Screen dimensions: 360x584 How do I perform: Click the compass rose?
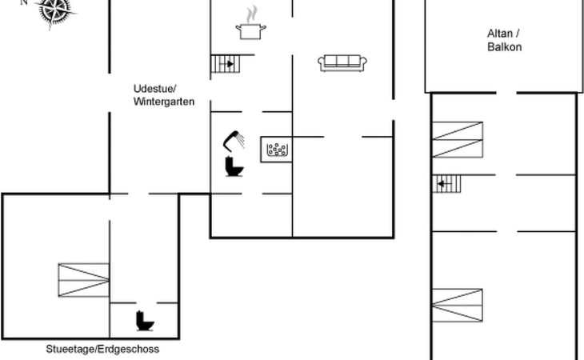[x=54, y=10]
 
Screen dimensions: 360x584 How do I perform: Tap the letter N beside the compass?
[x=23, y=2]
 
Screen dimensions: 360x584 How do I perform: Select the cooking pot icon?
[x=250, y=30]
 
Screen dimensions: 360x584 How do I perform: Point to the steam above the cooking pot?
[x=252, y=14]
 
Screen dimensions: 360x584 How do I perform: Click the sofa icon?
[x=342, y=62]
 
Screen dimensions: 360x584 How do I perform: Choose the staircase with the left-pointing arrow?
[x=450, y=186]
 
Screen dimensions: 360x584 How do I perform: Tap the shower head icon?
[x=234, y=140]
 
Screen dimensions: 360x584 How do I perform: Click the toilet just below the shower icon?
[x=234, y=166]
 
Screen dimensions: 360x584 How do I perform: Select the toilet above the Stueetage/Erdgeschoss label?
[x=145, y=320]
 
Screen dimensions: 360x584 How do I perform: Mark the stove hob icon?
[x=278, y=148]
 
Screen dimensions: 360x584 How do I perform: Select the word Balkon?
[x=504, y=47]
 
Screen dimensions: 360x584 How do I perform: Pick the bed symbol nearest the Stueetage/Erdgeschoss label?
[x=83, y=282]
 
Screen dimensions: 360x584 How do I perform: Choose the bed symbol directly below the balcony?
[x=458, y=138]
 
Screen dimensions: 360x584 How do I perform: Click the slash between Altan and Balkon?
[x=518, y=34]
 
